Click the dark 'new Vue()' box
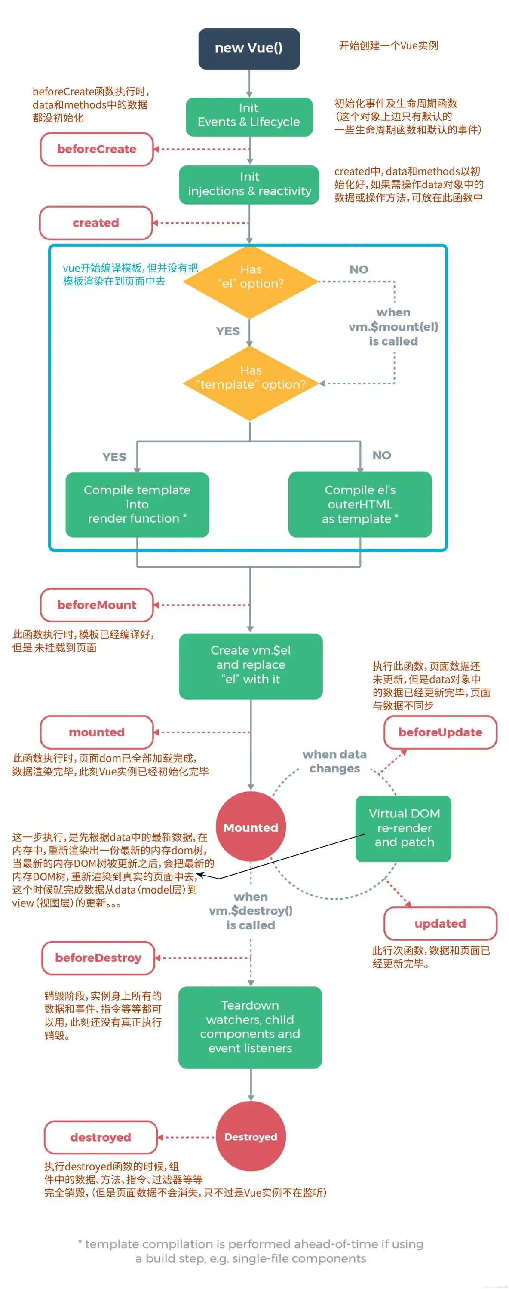[249, 49]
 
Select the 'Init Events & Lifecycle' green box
[249, 116]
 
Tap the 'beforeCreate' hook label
[97, 149]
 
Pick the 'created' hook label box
[95, 223]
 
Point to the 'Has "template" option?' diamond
[250, 383]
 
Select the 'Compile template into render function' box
[137, 505]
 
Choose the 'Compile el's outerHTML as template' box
[360, 505]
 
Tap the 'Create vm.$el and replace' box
[250, 665]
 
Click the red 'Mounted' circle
[250, 827]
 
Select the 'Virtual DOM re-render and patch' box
[403, 828]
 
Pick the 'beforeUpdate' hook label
[440, 732]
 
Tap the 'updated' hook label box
[440, 923]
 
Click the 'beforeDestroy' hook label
[98, 958]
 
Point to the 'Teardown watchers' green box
[250, 1027]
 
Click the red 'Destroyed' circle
[250, 1137]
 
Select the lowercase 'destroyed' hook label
[101, 1137]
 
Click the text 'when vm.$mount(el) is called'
[393, 327]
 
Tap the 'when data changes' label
[334, 761]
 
